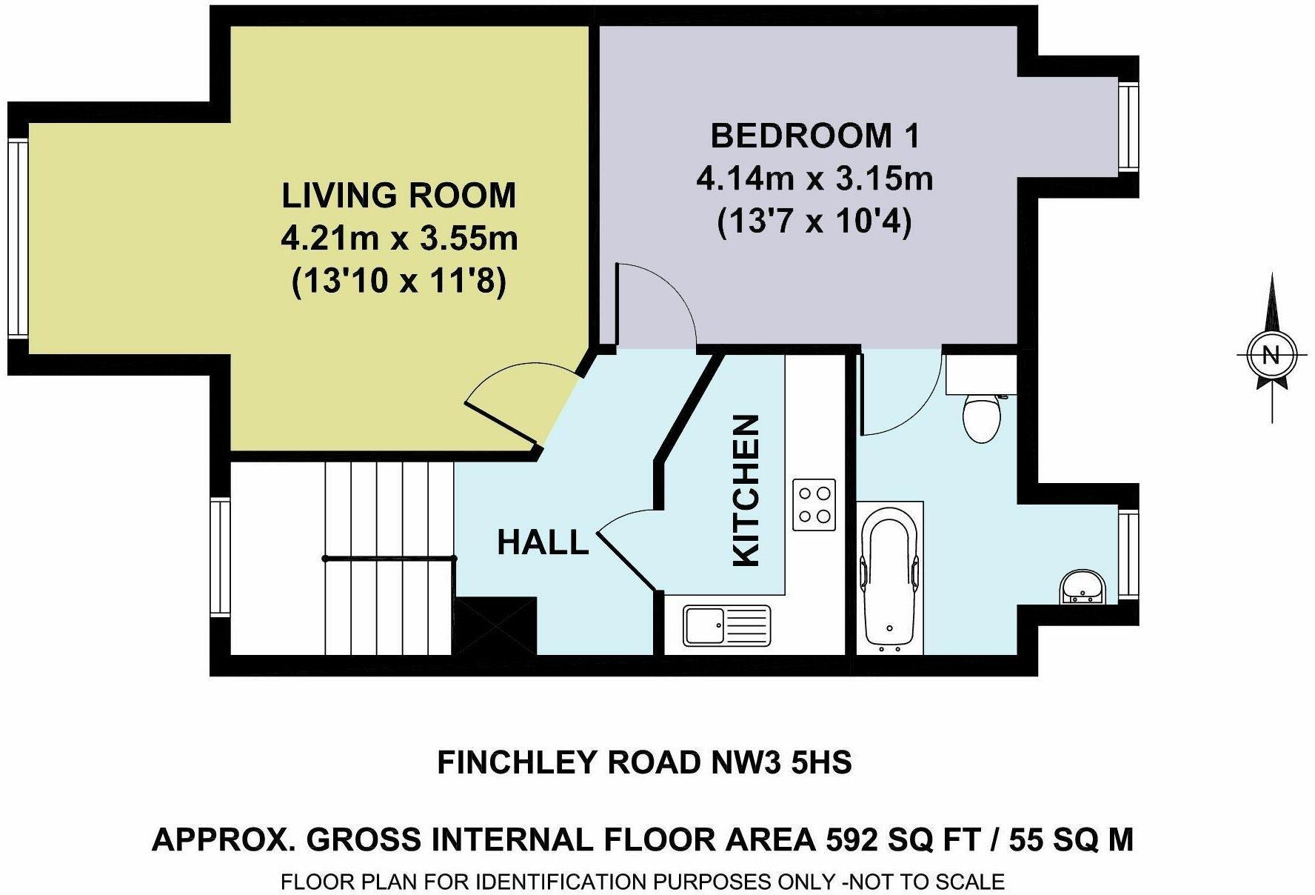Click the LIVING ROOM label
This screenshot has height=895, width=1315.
(399, 196)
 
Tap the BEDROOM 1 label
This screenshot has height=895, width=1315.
(815, 136)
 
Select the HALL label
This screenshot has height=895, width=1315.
(543, 542)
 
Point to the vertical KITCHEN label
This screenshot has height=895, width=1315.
(746, 490)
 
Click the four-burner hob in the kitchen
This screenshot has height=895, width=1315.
(814, 505)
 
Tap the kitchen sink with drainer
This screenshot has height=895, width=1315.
(727, 625)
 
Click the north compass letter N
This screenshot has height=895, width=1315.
(1271, 355)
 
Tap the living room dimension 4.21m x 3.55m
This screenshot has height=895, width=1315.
(399, 239)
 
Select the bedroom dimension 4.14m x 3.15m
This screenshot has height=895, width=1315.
(815, 179)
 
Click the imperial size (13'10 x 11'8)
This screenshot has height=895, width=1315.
(399, 282)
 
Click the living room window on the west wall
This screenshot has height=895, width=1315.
(18, 238)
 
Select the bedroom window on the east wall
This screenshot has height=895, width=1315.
(1128, 127)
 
